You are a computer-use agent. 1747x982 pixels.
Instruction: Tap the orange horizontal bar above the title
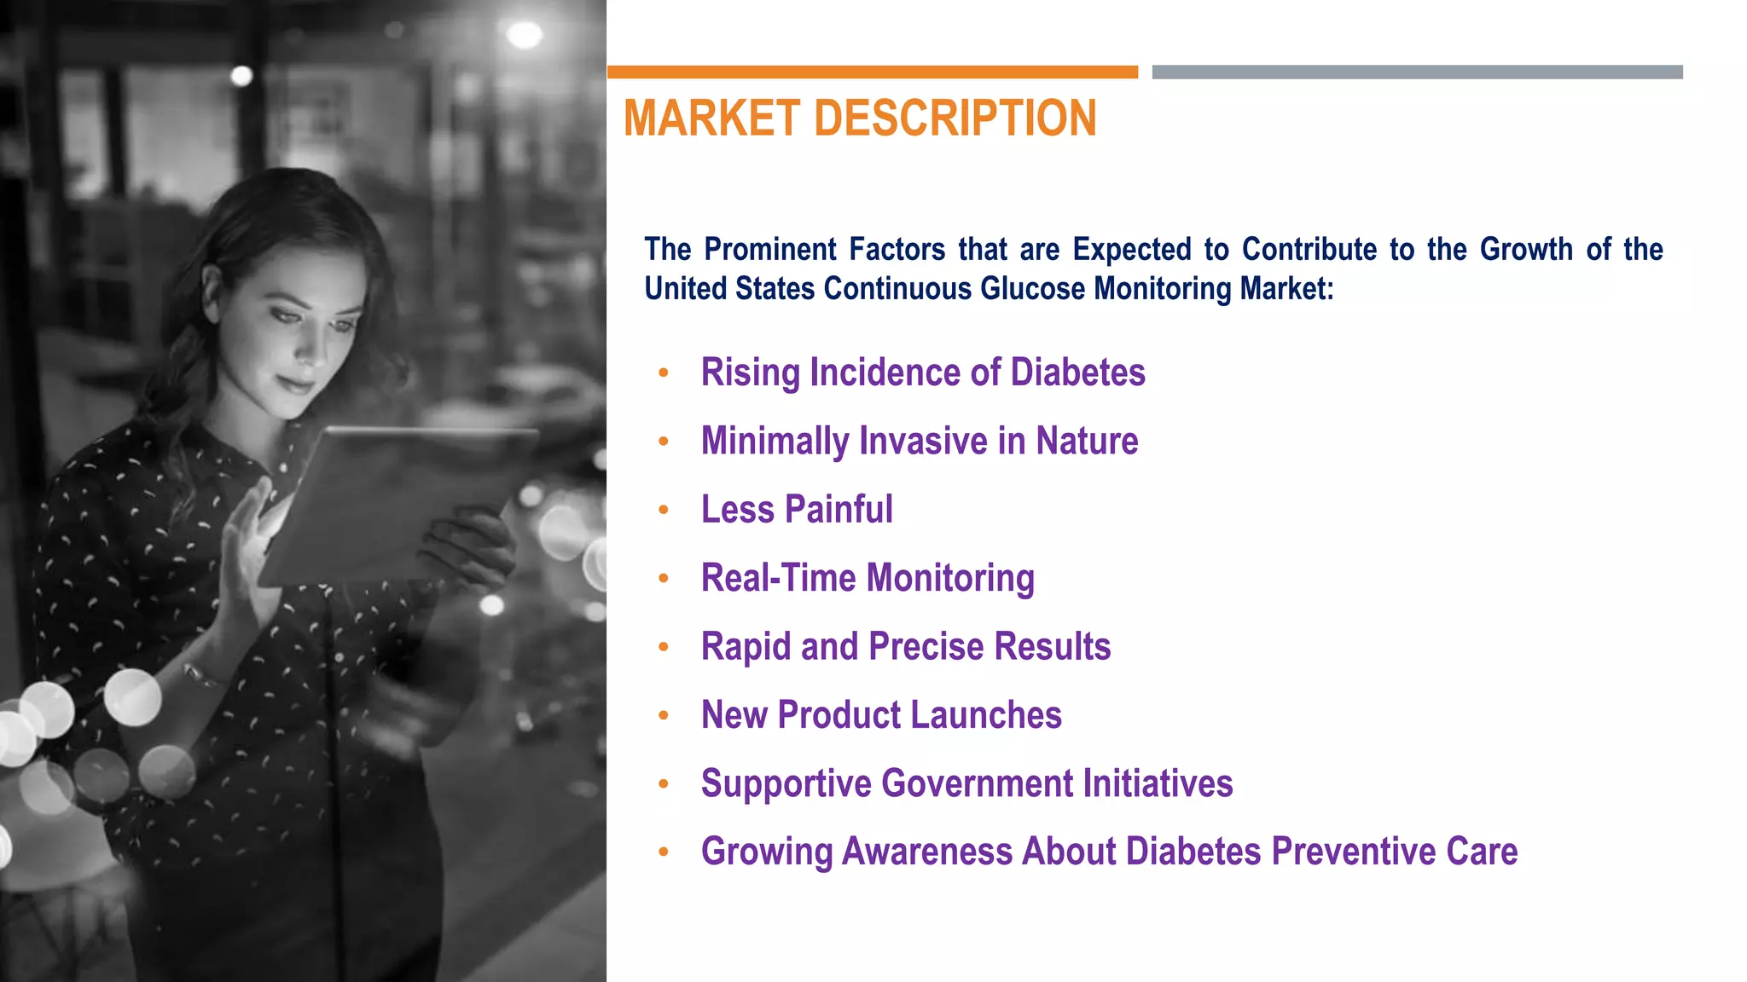pyautogui.click(x=872, y=72)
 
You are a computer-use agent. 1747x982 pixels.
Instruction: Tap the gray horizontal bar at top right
pyautogui.click(x=1417, y=72)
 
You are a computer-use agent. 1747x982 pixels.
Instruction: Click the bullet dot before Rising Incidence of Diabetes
pyautogui.click(x=664, y=373)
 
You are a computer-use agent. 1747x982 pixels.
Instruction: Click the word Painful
pyautogui.click(x=839, y=510)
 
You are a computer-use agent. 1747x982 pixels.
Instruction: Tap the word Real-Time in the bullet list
pyautogui.click(x=778, y=578)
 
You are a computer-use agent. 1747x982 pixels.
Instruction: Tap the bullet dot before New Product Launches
pyautogui.click(x=664, y=715)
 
